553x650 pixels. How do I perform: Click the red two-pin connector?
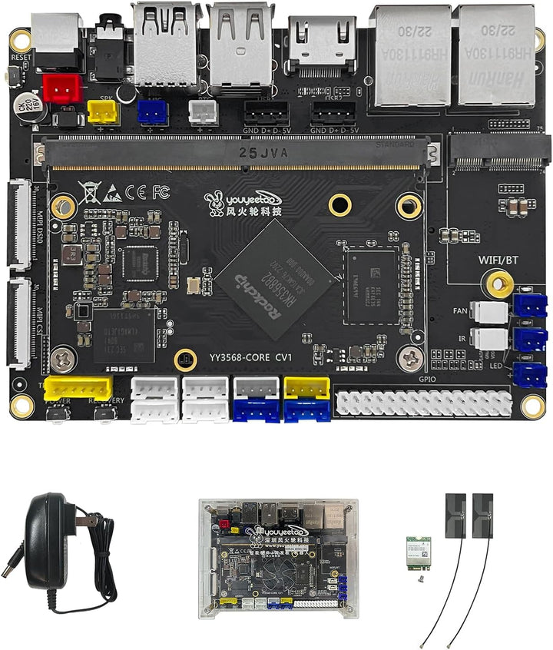click(63, 90)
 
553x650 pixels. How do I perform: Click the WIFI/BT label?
click(499, 260)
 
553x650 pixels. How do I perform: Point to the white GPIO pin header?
click(423, 403)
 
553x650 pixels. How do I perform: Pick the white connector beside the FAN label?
click(490, 312)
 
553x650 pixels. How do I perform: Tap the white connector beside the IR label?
click(490, 338)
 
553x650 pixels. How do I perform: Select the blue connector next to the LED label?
click(530, 374)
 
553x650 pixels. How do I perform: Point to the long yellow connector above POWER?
click(78, 388)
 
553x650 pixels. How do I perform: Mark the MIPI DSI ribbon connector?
click(20, 224)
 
